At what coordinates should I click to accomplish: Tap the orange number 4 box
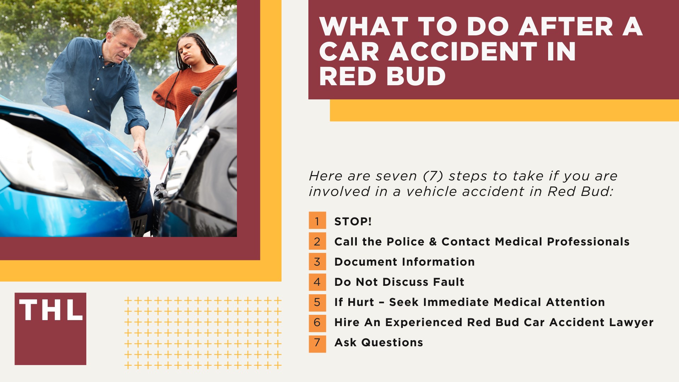[x=317, y=282]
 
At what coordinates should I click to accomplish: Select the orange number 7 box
[x=317, y=342]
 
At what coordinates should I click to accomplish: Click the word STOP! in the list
[x=353, y=221]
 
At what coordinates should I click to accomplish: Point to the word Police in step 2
[x=406, y=242]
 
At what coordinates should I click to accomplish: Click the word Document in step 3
[x=366, y=262]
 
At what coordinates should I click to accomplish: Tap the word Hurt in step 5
[x=361, y=302]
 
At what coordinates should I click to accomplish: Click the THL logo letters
[x=51, y=310]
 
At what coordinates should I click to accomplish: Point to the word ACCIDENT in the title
[x=463, y=52]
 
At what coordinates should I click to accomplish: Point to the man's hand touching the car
[x=141, y=150]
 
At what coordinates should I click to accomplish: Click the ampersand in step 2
[x=433, y=242]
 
